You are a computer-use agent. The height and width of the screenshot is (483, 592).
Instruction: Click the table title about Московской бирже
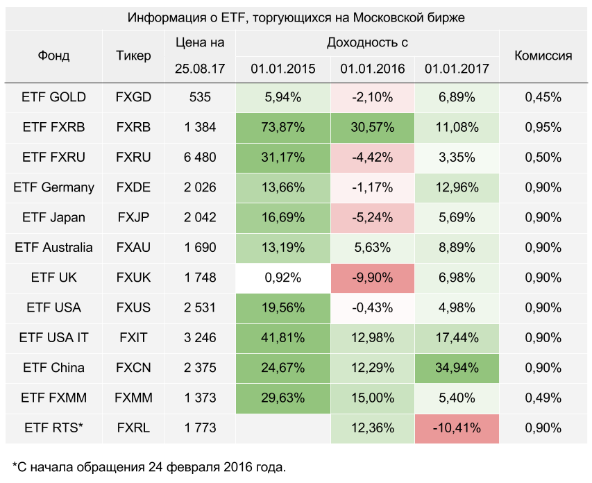click(296, 17)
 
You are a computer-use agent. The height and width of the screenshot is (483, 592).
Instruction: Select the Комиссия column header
click(543, 56)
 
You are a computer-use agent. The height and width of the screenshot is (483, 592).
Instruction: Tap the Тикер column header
click(133, 56)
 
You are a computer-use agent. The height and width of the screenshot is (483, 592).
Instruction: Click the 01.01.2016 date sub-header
click(373, 69)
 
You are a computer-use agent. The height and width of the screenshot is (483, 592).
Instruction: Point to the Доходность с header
click(367, 42)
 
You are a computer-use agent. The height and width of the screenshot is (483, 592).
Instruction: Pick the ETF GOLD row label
click(54, 97)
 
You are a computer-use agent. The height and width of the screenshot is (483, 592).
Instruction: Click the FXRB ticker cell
click(133, 127)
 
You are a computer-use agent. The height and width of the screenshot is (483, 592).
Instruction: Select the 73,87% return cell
click(283, 127)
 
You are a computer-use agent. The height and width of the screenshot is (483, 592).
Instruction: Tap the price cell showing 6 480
click(200, 158)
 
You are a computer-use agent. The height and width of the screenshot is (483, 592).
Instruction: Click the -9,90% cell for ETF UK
click(373, 278)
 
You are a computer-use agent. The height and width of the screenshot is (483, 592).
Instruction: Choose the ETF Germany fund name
click(54, 187)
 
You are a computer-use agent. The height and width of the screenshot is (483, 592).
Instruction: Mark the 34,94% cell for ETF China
click(457, 368)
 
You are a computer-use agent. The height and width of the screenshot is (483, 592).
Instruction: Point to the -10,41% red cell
click(457, 428)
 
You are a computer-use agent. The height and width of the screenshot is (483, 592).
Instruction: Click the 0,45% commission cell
click(543, 97)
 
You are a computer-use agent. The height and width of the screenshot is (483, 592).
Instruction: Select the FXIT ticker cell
click(133, 338)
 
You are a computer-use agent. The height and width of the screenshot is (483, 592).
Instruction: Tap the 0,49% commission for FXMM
click(543, 398)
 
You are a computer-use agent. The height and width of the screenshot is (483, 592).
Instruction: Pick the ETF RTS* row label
click(54, 428)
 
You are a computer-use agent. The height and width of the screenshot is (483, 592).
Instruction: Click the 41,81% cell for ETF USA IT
click(283, 338)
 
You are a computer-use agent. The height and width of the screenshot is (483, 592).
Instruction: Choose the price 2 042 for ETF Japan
click(200, 217)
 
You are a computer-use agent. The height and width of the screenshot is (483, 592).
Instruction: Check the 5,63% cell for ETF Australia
click(373, 248)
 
